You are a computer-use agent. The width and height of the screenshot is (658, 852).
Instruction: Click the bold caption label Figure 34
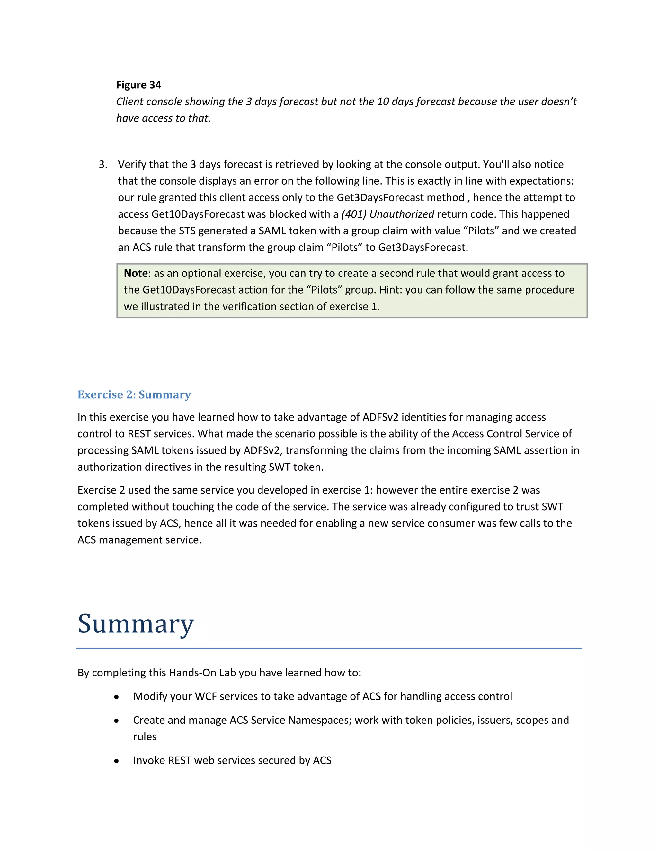tap(138, 85)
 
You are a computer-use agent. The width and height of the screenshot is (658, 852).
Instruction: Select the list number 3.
tap(102, 164)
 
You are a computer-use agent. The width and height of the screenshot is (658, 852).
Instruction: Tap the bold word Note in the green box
tap(136, 273)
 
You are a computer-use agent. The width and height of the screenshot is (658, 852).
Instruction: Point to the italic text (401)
tap(353, 214)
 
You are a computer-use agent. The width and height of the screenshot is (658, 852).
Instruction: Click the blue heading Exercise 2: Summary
tap(134, 394)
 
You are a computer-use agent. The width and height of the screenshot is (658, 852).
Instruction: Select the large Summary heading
tap(136, 623)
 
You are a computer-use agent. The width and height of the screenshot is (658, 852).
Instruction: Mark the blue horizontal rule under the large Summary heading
tap(329, 648)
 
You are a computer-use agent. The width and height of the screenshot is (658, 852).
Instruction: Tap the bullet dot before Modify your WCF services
tap(117, 697)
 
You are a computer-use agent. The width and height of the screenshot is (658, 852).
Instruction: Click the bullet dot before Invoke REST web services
tap(117, 761)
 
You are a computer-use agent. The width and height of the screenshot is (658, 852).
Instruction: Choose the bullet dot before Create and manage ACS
tap(117, 721)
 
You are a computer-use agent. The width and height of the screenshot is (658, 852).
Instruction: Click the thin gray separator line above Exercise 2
tap(217, 348)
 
